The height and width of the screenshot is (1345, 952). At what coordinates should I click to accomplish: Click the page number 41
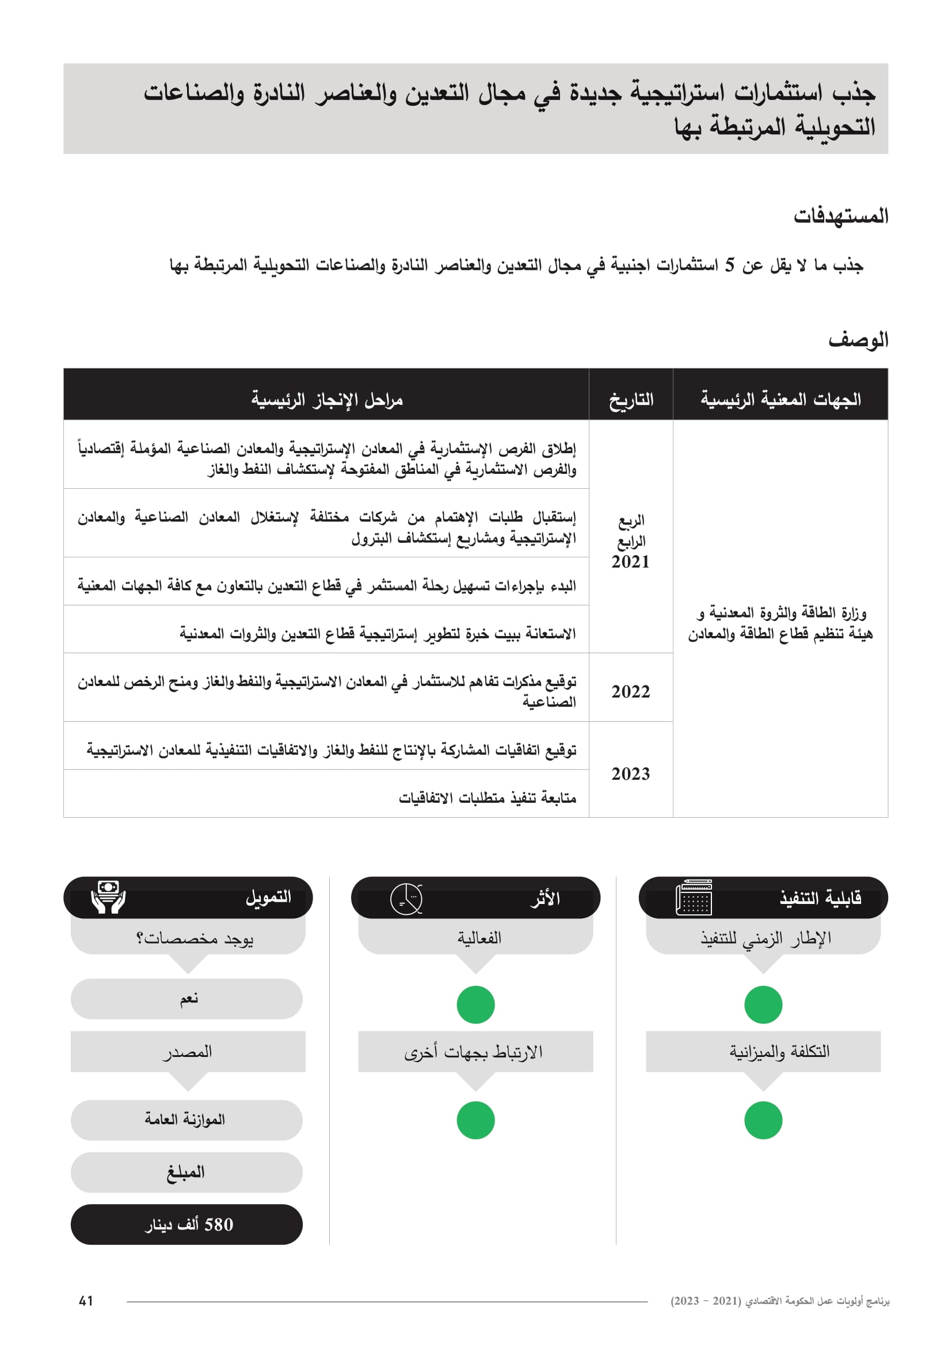tap(86, 1301)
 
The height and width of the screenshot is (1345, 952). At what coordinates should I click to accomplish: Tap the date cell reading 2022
tap(630, 691)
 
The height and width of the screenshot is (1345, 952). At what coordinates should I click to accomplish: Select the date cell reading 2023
tap(630, 773)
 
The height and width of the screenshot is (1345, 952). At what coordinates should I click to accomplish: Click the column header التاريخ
tap(631, 400)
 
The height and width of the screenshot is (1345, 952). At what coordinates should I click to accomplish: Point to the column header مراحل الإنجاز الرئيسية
tap(326, 400)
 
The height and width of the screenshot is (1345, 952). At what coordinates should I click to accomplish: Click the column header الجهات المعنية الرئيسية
tap(780, 400)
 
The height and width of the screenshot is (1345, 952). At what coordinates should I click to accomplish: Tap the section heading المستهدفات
tap(840, 216)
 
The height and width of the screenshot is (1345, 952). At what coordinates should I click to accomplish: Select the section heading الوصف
tap(858, 340)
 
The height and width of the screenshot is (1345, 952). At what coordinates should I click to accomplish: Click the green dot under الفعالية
tap(475, 1005)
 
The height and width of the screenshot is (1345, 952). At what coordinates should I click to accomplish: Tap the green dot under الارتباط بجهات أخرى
tap(475, 1120)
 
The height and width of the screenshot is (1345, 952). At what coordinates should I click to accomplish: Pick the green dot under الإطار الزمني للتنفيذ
tap(763, 1005)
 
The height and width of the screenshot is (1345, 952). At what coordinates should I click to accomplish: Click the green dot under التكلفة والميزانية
tap(763, 1120)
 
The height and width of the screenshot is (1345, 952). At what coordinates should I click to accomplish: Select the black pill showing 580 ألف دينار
tap(186, 1224)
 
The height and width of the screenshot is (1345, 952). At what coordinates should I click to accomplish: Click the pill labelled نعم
tap(186, 999)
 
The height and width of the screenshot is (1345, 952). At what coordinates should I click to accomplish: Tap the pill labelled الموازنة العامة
tap(186, 1120)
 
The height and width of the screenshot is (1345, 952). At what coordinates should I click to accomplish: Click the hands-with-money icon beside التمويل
tap(108, 897)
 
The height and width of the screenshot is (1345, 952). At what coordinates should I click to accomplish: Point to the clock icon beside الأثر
tap(406, 898)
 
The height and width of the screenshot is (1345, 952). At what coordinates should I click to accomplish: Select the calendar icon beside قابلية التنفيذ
tap(694, 898)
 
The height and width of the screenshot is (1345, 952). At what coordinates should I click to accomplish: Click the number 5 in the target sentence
tap(729, 265)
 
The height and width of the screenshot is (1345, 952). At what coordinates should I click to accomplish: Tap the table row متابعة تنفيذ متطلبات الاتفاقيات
tap(326, 797)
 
